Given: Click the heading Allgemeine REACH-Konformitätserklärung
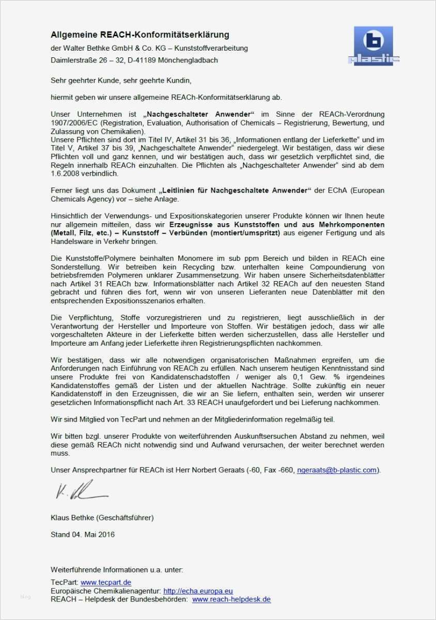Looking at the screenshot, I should click(139, 35).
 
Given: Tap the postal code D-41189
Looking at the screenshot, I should click(148, 60).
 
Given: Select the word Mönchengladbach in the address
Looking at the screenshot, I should click(192, 60).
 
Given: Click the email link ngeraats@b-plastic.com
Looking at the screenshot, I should click(337, 470).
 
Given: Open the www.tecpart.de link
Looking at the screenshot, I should click(102, 582).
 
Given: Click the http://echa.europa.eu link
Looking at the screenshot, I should click(198, 591).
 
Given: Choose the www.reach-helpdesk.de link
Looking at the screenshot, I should click(231, 599).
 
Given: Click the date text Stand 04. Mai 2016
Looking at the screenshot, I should click(83, 534).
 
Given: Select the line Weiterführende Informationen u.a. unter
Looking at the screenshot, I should click(117, 570).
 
